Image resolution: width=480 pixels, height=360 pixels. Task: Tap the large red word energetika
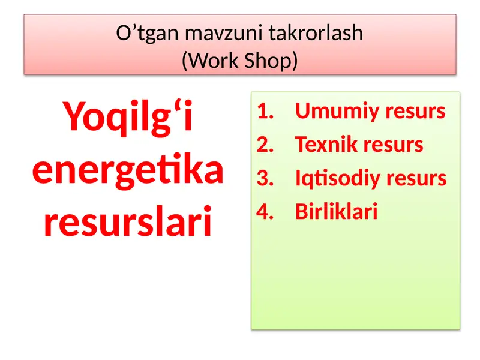(x=128, y=171)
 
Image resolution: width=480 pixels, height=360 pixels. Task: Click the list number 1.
(x=264, y=112)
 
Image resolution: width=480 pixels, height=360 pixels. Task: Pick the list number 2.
(x=264, y=145)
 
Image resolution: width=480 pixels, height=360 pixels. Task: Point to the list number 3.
(x=264, y=179)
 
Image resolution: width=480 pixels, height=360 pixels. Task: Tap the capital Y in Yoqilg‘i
(x=74, y=117)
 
